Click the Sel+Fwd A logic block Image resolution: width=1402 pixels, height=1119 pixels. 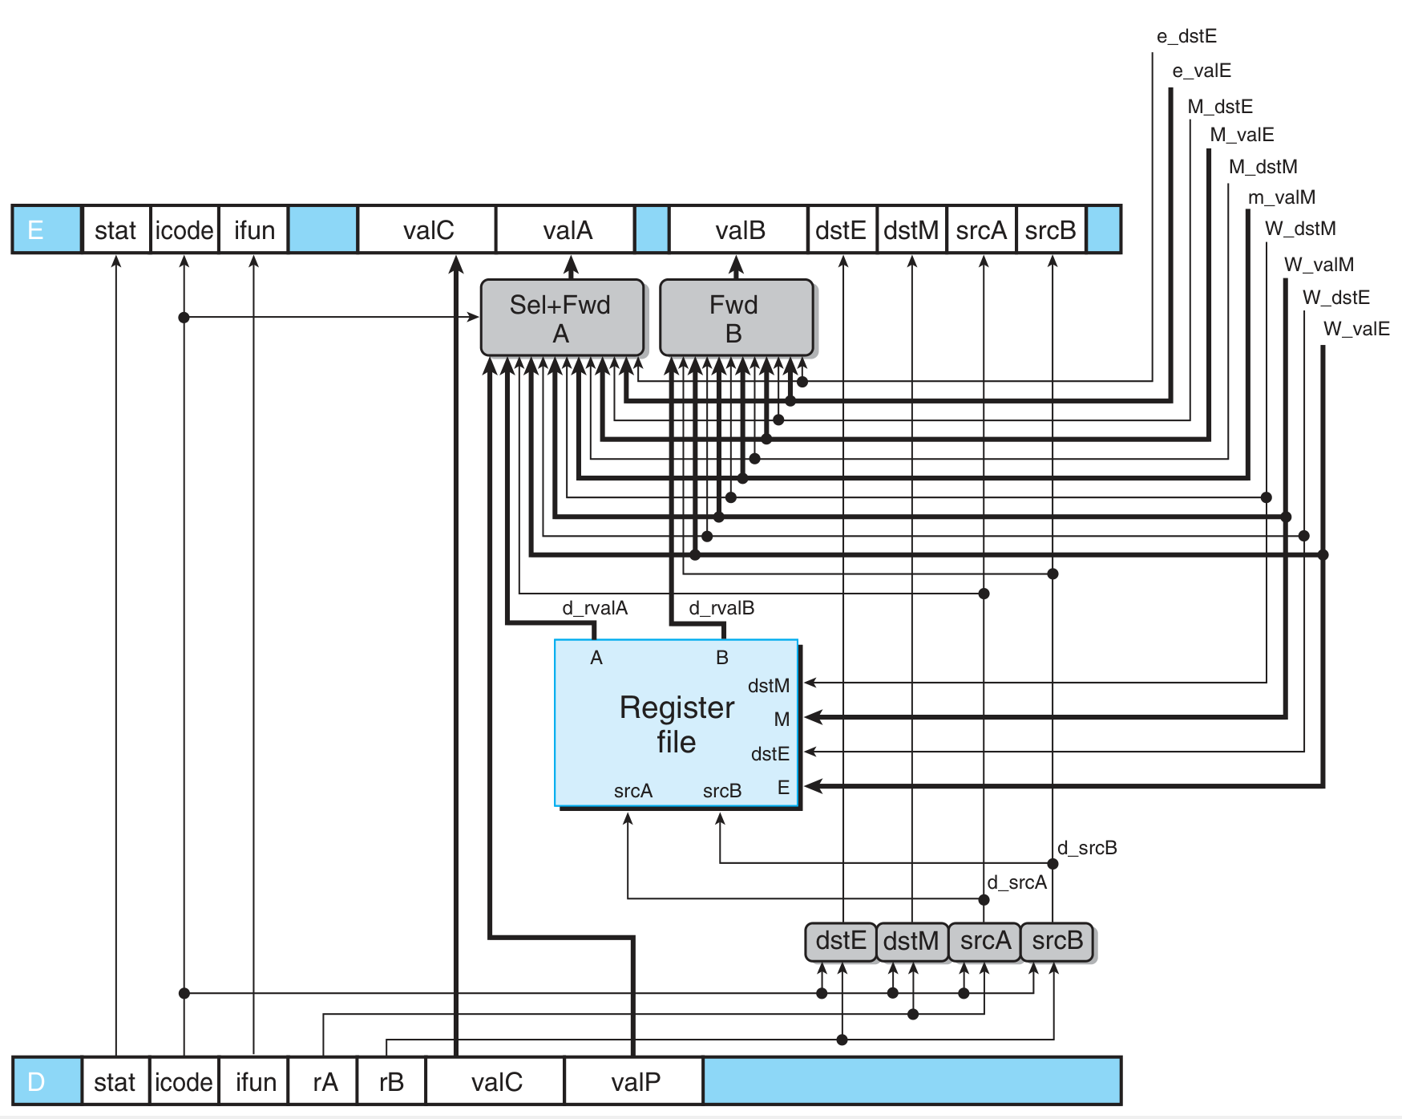(561, 318)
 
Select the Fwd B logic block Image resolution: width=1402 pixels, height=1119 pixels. (735, 318)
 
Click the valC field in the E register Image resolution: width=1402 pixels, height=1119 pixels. (427, 231)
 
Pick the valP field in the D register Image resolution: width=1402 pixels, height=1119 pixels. (635, 1082)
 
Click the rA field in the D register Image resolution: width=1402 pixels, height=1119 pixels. (324, 1082)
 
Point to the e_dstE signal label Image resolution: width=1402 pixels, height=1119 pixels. (1186, 36)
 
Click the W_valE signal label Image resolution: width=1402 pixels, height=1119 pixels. (1356, 329)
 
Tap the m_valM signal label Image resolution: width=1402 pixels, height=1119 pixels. (1281, 197)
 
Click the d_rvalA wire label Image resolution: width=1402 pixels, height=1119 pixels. (594, 608)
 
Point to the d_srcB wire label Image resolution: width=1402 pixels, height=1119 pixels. (1086, 848)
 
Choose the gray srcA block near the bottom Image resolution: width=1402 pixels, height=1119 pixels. (984, 941)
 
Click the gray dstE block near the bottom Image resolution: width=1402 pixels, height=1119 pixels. (840, 941)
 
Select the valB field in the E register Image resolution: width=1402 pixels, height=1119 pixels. (739, 231)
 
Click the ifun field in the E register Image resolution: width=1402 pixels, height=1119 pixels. (254, 231)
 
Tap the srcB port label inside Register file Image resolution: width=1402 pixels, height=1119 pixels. (721, 791)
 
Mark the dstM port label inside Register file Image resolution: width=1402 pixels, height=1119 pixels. (768, 686)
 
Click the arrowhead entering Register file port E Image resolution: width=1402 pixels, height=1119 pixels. (812, 786)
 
